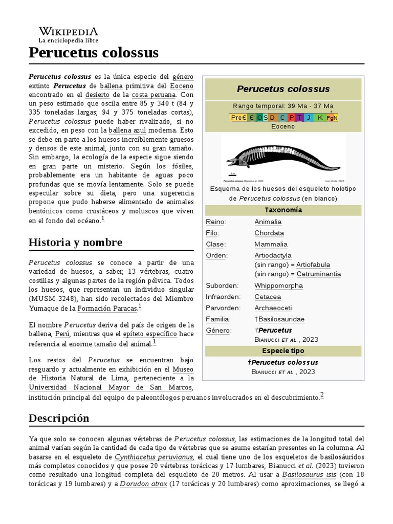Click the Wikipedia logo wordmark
coord(69,31)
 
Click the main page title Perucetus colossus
coord(94,53)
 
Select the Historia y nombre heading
coord(75,242)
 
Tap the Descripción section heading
coord(59,418)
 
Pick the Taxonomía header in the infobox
coord(283,210)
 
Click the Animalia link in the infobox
coord(268,222)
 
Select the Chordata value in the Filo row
coord(269,233)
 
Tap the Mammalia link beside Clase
coord(271,245)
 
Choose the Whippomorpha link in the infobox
coord(278,286)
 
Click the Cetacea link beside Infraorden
coord(268,297)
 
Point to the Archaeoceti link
coord(273,308)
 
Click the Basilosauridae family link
coord(281,319)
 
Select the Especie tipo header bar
coord(283,351)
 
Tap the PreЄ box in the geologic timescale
coord(238,117)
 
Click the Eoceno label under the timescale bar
coord(283,126)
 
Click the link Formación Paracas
coord(107,309)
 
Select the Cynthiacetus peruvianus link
coord(154,457)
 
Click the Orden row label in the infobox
coord(216,255)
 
